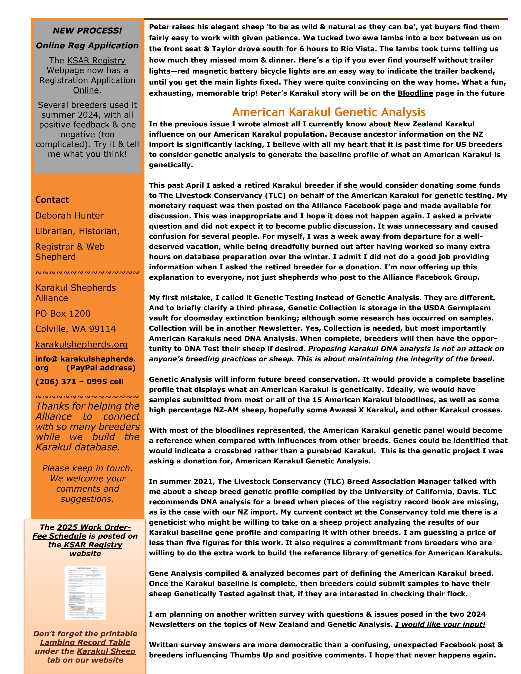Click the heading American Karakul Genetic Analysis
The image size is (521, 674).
pos(329,112)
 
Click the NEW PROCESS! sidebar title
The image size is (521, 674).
pos(87,31)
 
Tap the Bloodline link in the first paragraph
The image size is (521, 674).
pos(415,93)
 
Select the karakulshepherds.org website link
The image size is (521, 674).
pos(82,344)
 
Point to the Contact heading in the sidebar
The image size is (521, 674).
pos(52,200)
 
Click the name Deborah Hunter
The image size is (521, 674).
pos(69,215)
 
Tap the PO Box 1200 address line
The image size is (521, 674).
pos(63,314)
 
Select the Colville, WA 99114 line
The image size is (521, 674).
pos(76,329)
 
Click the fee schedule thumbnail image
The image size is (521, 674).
pos(85,593)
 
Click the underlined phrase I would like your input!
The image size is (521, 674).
pos(440,624)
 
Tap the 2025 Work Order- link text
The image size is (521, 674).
pos(94,527)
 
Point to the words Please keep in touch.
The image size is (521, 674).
pos(87,468)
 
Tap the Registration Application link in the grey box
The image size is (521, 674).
pos(87,80)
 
